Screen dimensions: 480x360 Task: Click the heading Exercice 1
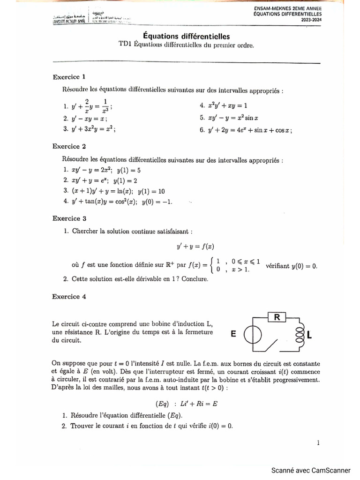(69, 77)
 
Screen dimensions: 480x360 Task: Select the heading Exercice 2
(69, 146)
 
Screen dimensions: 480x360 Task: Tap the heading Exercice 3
(69, 218)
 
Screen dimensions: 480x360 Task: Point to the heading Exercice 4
(69, 297)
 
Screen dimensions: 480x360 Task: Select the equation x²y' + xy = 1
(223, 106)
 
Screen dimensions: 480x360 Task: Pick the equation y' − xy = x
(89, 119)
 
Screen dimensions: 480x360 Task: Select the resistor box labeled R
(277, 318)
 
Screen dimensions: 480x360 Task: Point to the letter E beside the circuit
(233, 334)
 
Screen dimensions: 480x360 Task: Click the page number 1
(318, 442)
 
